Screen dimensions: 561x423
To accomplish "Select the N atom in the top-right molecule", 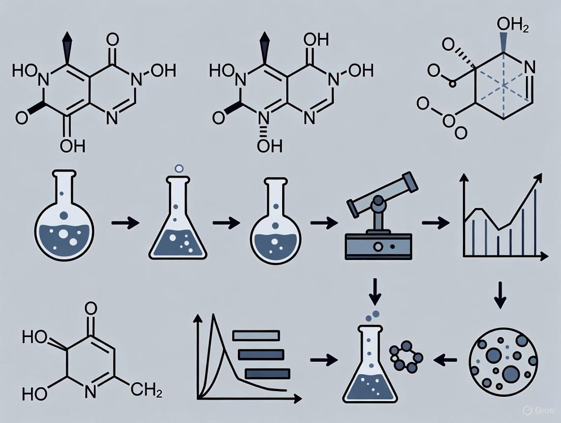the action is coord(528,66).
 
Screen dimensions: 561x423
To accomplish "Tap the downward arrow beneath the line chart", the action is coord(500,296).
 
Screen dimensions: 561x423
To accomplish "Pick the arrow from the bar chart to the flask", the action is coord(324,360).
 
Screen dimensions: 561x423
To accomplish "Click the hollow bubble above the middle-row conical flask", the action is coord(178,168).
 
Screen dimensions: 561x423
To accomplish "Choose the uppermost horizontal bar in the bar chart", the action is coord(256,335).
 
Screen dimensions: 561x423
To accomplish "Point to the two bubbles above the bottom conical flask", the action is coord(372,316).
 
